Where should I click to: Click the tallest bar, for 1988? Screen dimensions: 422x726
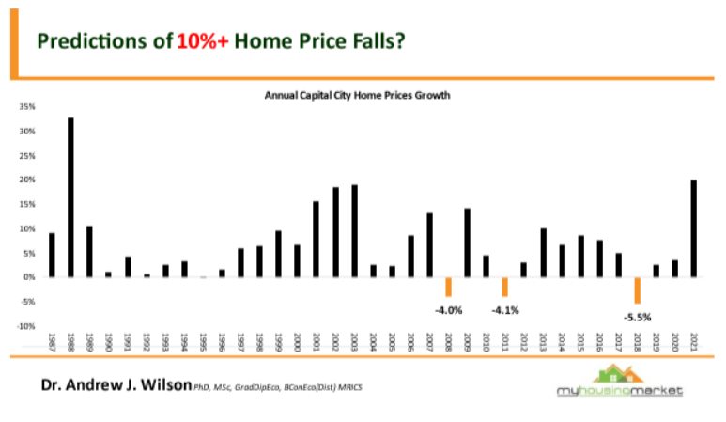[x=70, y=197]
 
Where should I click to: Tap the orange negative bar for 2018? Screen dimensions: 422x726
[x=637, y=289]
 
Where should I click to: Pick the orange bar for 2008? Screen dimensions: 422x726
[x=448, y=287]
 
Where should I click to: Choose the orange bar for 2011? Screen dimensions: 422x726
[x=504, y=287]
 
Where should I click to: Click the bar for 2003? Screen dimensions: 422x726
[x=354, y=230]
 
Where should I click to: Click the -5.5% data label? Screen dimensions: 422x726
[x=637, y=315]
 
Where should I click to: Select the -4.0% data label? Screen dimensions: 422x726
[x=448, y=309]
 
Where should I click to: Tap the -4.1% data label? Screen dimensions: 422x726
[x=504, y=309]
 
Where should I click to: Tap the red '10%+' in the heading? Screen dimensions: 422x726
[x=204, y=40]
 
